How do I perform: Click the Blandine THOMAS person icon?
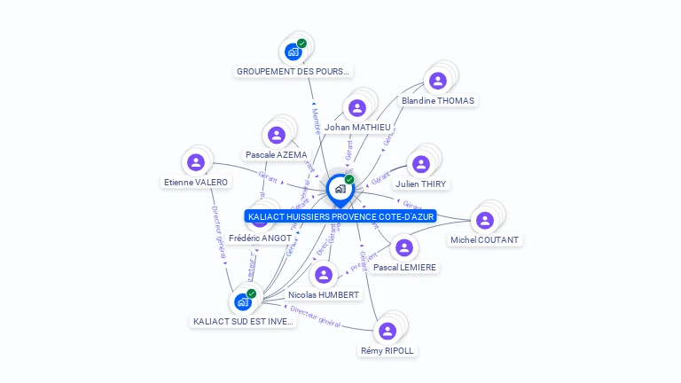(x=437, y=81)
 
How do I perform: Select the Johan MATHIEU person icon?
(x=357, y=108)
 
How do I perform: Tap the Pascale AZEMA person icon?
(x=277, y=136)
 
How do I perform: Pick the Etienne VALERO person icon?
(x=196, y=162)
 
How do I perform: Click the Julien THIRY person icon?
(x=421, y=164)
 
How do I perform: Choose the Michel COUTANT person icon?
(x=484, y=220)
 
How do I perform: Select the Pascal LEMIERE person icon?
(x=404, y=247)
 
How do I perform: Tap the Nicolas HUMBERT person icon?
(x=324, y=275)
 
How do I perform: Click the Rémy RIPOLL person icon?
(x=387, y=331)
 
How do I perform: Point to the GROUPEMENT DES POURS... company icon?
(x=293, y=51)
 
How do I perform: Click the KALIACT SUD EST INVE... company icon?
(x=242, y=301)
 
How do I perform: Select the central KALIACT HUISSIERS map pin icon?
(x=340, y=189)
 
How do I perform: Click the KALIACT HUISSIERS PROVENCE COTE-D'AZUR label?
(x=340, y=216)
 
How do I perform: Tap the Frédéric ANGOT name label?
(x=260, y=238)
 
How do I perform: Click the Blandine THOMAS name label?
(x=438, y=101)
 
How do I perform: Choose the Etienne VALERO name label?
(x=196, y=183)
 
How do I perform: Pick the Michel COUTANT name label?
(x=485, y=240)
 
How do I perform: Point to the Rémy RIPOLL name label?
(x=387, y=351)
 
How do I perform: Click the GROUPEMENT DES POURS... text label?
(x=294, y=71)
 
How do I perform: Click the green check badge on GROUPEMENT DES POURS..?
(x=302, y=43)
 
